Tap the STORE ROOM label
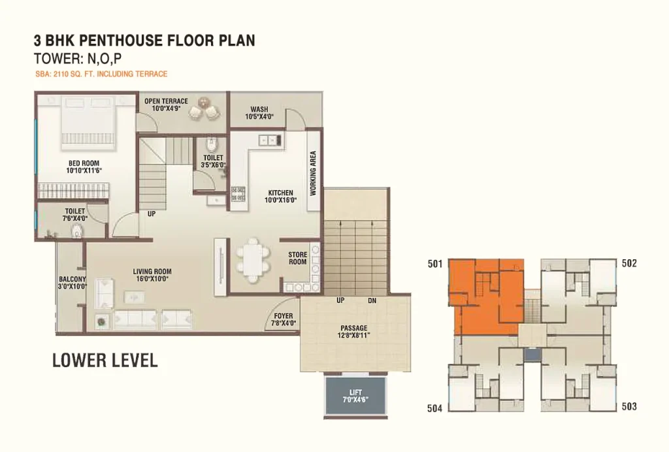(297, 259)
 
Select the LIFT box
(356, 395)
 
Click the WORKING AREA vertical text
(313, 173)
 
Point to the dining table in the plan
(253, 260)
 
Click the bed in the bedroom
(87, 123)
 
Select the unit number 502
(629, 263)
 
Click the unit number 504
(434, 408)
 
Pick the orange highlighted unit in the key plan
(486, 297)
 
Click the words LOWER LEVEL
(105, 361)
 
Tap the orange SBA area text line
(101, 74)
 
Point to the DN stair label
(372, 300)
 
